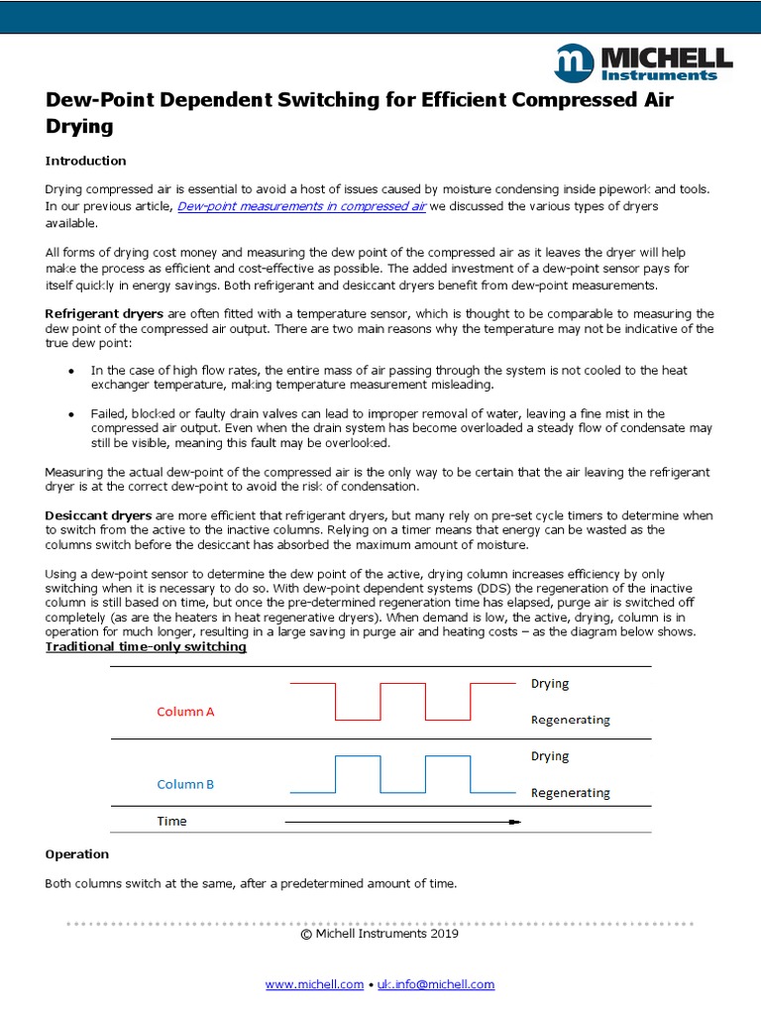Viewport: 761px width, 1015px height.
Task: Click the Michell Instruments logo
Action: click(643, 62)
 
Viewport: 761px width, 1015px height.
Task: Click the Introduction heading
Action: click(86, 161)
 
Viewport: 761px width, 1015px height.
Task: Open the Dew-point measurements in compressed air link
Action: click(301, 206)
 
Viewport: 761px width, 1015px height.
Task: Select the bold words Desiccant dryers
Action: click(98, 516)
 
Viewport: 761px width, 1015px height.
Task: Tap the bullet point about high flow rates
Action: click(70, 371)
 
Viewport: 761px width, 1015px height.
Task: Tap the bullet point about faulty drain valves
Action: click(70, 413)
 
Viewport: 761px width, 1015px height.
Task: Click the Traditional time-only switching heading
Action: click(147, 647)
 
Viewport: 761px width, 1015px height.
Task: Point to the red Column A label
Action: click(185, 712)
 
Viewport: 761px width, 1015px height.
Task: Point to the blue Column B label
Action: click(185, 784)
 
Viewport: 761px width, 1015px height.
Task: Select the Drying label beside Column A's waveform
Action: click(550, 684)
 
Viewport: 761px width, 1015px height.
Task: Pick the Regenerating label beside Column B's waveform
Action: click(570, 793)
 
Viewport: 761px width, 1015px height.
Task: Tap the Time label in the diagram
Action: click(171, 821)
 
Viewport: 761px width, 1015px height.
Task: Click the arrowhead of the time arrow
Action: click(514, 822)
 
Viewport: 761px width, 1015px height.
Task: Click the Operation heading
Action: click(77, 853)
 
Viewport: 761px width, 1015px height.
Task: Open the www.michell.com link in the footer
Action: click(314, 984)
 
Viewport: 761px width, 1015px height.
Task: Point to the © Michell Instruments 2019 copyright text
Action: click(380, 933)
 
